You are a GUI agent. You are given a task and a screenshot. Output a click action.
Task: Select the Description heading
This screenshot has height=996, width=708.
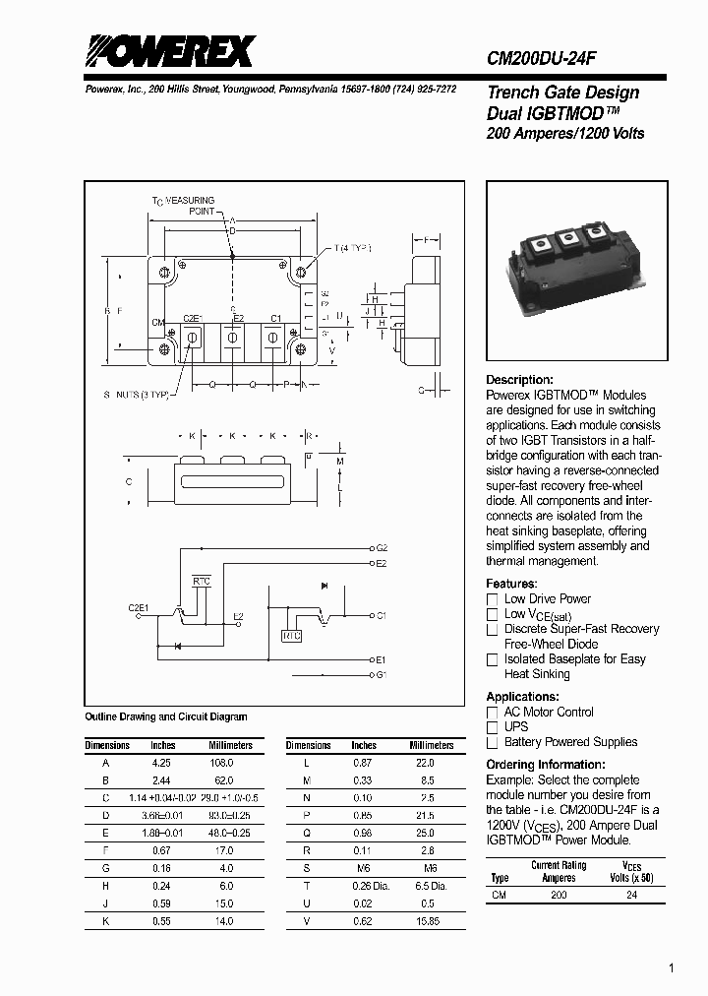[519, 380]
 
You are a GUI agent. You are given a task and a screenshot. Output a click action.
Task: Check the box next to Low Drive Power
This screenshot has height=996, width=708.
[493, 599]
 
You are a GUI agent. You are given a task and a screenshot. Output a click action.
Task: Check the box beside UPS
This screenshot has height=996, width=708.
[493, 727]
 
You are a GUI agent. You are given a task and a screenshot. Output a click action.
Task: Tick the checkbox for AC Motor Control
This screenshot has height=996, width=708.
[493, 713]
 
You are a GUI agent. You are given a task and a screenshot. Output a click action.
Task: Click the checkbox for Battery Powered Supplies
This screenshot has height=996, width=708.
[493, 743]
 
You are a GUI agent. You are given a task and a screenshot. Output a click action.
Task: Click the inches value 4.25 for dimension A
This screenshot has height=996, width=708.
[162, 763]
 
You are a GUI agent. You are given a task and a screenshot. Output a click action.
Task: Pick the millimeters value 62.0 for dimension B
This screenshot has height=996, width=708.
[224, 779]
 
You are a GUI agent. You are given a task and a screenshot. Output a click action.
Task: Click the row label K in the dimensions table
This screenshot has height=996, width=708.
[105, 921]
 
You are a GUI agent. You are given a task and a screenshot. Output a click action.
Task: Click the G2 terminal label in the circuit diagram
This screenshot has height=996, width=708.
[382, 547]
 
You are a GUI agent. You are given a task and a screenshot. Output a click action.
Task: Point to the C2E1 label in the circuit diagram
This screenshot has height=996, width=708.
[138, 608]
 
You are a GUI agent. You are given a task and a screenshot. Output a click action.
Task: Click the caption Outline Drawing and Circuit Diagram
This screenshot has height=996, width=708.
[166, 717]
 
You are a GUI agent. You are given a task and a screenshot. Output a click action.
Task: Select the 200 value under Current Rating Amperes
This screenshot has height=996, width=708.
[559, 896]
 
